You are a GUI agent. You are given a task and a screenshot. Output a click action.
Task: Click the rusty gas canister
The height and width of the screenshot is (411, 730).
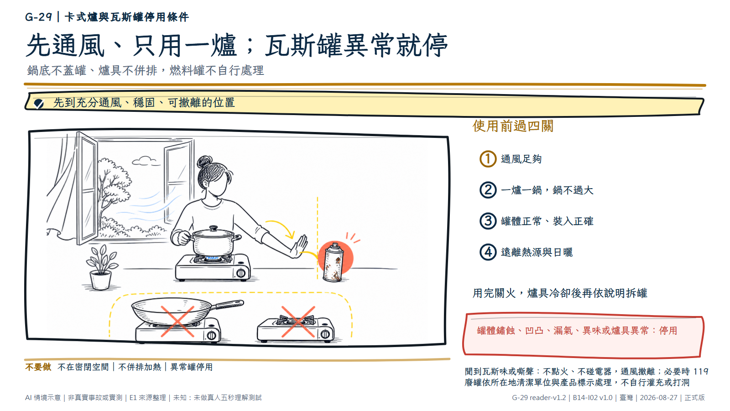(333, 262)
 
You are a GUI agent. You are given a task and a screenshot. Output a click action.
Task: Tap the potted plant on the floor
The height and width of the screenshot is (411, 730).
(101, 268)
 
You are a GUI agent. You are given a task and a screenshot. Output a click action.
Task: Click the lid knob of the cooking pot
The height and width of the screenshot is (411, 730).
(214, 228)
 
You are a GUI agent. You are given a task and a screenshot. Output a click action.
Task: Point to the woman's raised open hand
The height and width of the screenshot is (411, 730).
(299, 246)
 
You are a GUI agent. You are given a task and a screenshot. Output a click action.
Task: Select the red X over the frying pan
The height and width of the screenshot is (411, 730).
(177, 321)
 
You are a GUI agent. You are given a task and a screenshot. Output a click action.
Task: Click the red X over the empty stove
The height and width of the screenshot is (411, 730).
(298, 321)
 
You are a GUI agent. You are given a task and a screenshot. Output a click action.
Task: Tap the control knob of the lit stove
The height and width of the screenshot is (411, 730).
(241, 273)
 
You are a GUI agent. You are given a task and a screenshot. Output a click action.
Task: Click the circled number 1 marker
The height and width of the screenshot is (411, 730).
(488, 159)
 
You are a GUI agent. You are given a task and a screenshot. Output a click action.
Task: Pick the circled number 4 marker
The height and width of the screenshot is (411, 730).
(488, 252)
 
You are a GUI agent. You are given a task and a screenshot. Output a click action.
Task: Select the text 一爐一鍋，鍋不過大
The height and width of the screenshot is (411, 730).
(547, 190)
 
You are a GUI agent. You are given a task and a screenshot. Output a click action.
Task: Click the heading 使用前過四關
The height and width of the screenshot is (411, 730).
(513, 126)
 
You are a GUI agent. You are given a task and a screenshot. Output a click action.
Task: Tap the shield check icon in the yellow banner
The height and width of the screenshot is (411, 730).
(39, 103)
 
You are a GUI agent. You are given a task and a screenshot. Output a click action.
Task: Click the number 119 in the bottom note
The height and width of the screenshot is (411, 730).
(701, 372)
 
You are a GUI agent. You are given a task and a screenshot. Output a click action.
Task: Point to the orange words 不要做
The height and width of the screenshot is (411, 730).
(38, 367)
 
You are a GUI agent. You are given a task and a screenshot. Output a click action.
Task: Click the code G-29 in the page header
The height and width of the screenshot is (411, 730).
(38, 17)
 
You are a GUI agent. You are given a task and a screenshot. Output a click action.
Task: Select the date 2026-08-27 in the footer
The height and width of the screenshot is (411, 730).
(659, 398)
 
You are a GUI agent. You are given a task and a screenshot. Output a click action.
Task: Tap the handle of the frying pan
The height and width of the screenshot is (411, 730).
(228, 304)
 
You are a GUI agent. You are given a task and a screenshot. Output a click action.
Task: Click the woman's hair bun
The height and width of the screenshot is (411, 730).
(204, 161)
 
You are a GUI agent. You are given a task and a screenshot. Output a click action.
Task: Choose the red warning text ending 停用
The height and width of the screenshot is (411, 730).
(577, 331)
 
